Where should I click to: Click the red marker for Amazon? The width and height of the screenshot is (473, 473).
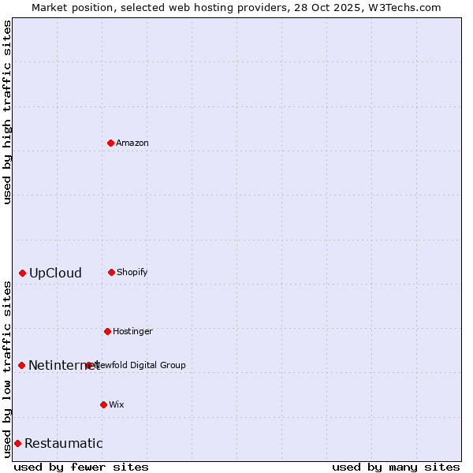click(110, 143)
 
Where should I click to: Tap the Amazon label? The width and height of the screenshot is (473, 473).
click(132, 143)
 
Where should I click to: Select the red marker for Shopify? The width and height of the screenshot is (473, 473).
click(111, 272)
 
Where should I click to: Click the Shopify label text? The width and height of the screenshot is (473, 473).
click(132, 273)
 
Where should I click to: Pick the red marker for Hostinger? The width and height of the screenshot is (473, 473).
click(107, 331)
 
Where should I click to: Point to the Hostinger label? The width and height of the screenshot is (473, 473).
click(132, 332)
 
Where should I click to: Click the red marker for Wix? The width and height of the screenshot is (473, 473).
click(103, 404)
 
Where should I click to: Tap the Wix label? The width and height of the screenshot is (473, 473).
click(117, 405)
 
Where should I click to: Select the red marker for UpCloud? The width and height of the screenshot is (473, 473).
click(22, 273)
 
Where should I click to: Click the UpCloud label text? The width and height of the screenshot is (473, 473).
click(55, 274)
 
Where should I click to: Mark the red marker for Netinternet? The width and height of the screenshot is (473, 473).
click(21, 365)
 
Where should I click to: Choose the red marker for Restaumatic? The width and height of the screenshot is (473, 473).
click(17, 443)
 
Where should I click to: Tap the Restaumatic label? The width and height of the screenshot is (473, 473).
click(63, 444)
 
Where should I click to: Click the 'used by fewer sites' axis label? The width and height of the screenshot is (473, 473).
click(81, 467)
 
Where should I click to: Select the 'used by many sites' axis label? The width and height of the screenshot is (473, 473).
click(396, 467)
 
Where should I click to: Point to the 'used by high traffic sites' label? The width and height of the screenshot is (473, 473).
click(7, 112)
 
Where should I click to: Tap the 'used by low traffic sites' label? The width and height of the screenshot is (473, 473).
click(7, 368)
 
